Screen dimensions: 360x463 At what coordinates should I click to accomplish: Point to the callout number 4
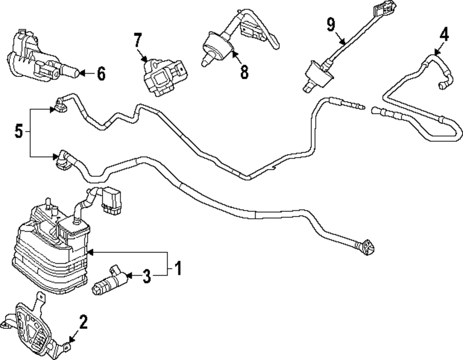click(x=444, y=34)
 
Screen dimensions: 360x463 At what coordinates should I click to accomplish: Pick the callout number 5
click(x=19, y=132)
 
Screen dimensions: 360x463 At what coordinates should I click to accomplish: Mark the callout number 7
click(x=138, y=41)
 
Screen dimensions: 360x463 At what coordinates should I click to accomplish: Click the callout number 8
click(x=244, y=71)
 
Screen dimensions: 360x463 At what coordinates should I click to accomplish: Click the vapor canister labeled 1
click(x=49, y=250)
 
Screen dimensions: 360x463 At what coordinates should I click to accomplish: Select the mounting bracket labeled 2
click(x=35, y=326)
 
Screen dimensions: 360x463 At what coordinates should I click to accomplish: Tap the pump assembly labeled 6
click(x=37, y=60)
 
